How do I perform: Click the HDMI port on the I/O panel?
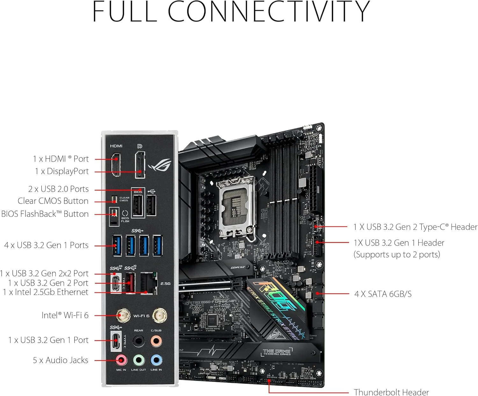pos(116,165)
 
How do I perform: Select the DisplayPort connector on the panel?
pos(140,165)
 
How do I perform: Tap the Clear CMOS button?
pos(114,200)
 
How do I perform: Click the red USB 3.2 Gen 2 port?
pos(130,282)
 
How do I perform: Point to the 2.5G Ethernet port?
pos(148,283)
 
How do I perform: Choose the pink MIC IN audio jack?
pos(121,360)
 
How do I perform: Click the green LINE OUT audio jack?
pos(138,360)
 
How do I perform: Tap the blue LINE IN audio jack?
pos(156,360)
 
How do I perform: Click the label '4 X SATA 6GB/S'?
pos(383,294)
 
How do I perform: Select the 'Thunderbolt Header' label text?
pos(391,392)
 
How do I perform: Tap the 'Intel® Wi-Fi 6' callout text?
pos(65,315)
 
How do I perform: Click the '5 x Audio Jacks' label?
pos(61,360)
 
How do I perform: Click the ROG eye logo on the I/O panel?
pos(160,165)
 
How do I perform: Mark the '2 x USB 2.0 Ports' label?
pos(58,189)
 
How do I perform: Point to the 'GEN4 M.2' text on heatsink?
pos(238,268)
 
